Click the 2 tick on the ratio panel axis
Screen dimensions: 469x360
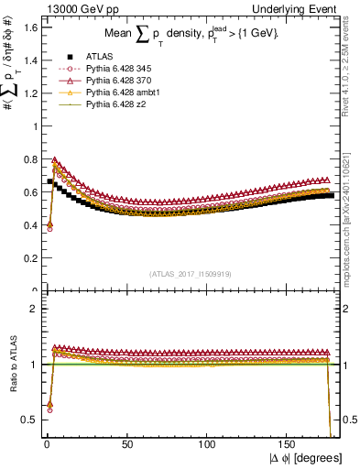(x=32, y=309)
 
